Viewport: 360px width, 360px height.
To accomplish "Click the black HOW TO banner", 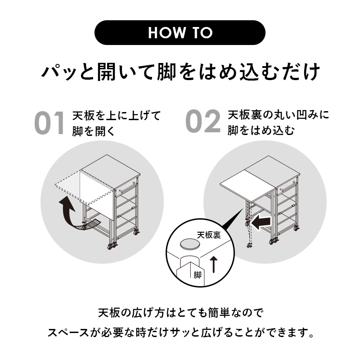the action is point(180,32).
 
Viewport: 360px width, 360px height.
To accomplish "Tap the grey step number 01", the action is point(49,123).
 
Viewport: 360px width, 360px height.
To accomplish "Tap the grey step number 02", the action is point(203,121).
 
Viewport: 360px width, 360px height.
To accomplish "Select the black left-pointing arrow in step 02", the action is point(261,222).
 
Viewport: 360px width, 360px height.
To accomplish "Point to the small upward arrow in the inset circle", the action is point(214,265).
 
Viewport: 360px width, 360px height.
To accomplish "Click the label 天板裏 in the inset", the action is point(209,235).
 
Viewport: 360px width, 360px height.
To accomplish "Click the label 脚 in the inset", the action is point(197,275).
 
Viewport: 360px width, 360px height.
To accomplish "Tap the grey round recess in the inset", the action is point(189,244).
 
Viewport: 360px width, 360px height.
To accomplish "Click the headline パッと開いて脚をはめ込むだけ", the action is point(180,72).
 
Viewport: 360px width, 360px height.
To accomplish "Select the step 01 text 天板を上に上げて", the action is point(117,116).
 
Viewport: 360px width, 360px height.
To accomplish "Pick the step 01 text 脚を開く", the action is point(93,131).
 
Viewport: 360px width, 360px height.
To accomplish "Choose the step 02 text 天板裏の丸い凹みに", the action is point(278,115).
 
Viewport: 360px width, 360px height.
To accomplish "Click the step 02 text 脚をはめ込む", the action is point(261,130).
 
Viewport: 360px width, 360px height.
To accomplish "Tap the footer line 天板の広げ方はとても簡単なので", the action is point(181,313).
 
